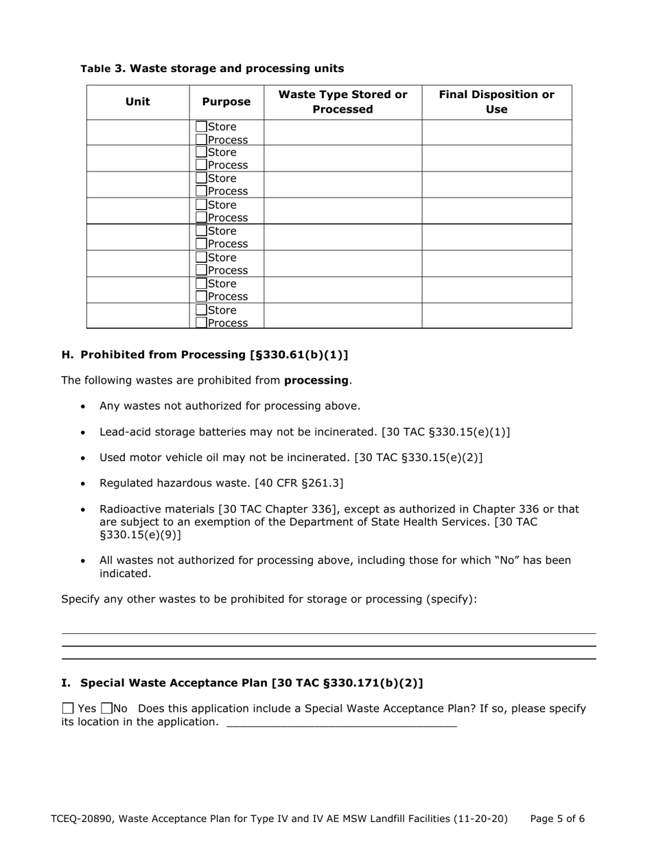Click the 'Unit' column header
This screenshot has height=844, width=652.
pyautogui.click(x=137, y=102)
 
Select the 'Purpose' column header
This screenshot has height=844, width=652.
pyautogui.click(x=226, y=102)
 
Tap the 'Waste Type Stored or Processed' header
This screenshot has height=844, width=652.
pyautogui.click(x=342, y=102)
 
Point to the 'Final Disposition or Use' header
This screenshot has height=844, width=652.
pyautogui.click(x=496, y=102)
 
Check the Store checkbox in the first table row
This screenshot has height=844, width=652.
pyautogui.click(x=201, y=127)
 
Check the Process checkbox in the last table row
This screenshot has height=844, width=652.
pyautogui.click(x=201, y=323)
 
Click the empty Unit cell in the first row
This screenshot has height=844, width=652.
pyautogui.click(x=137, y=132)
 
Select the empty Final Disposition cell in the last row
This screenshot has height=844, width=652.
pyautogui.click(x=496, y=316)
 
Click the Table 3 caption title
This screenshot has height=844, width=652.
pyautogui.click(x=212, y=69)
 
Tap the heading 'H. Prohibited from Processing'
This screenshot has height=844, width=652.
pyautogui.click(x=205, y=355)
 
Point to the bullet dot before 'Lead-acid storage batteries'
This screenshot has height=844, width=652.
pyautogui.click(x=83, y=432)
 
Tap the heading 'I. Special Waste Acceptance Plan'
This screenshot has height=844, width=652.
pyautogui.click(x=242, y=683)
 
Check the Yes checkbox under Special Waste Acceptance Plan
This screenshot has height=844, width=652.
pyautogui.click(x=67, y=709)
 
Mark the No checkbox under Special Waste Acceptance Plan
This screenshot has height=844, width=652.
pyautogui.click(x=106, y=709)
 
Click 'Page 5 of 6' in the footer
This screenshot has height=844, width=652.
pyautogui.click(x=557, y=819)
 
